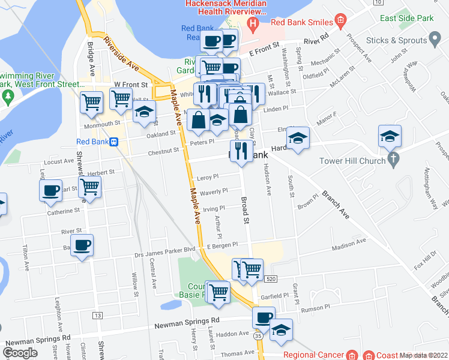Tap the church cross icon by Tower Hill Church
(393, 160)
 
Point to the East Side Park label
(406, 19)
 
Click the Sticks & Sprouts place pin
(436, 41)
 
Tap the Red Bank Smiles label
(301, 22)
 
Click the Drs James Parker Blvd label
(164, 249)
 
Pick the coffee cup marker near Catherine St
(50, 191)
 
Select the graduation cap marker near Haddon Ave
(281, 329)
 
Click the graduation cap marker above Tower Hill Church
(390, 136)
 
